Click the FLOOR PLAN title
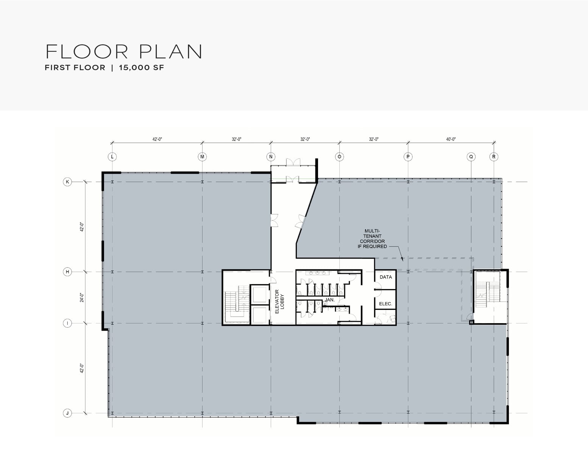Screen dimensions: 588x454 pyautogui.click(x=124, y=51)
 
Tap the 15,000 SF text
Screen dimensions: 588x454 pyautogui.click(x=142, y=68)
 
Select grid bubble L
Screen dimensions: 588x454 pyautogui.click(x=112, y=157)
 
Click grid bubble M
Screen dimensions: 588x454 pyautogui.click(x=203, y=157)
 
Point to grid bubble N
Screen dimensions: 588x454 pyautogui.click(x=271, y=157)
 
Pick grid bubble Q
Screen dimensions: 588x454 pyautogui.click(x=471, y=157)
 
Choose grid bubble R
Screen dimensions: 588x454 pyautogui.click(x=494, y=157)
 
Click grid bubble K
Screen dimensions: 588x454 pyautogui.click(x=67, y=182)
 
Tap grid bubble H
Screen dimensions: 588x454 pyautogui.click(x=67, y=272)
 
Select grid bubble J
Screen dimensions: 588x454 pyautogui.click(x=67, y=413)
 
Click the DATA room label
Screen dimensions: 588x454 pyautogui.click(x=385, y=277)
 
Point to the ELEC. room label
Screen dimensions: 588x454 pyautogui.click(x=385, y=304)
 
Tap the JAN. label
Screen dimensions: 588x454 pyautogui.click(x=329, y=300)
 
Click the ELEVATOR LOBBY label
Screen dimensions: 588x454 pyautogui.click(x=279, y=302)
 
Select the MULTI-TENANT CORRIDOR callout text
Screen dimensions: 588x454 pyautogui.click(x=372, y=239)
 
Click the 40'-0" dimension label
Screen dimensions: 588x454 pyautogui.click(x=451, y=139)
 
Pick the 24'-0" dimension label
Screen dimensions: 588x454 pyautogui.click(x=82, y=297)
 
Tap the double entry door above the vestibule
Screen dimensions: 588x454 pyautogui.click(x=293, y=162)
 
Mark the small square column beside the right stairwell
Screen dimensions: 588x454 pyautogui.click(x=471, y=322)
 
